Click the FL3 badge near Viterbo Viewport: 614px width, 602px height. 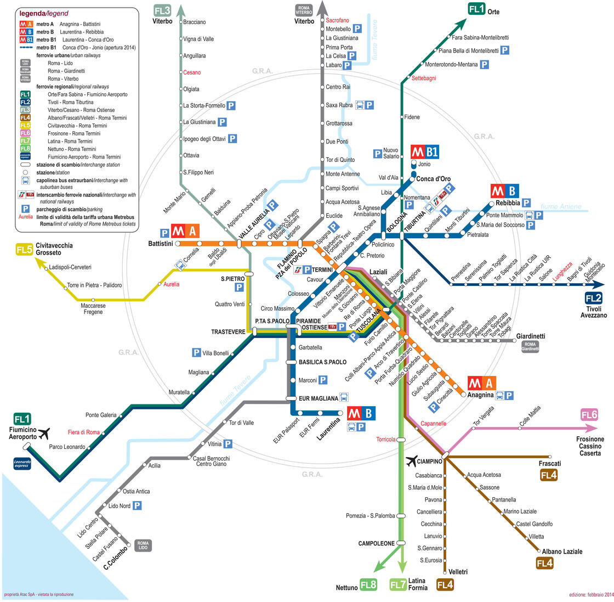[162, 10]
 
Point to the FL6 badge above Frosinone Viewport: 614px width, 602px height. [590, 415]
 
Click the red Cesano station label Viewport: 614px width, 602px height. [192, 72]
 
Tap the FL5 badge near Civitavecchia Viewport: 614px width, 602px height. [24, 250]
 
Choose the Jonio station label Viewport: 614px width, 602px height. [424, 164]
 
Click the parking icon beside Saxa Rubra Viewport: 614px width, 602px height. [369, 104]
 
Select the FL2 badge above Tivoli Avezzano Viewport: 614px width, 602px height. [594, 299]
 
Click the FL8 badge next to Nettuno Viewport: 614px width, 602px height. [368, 584]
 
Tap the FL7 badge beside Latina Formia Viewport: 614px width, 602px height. [397, 584]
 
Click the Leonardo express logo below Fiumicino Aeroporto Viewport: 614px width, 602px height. [22, 464]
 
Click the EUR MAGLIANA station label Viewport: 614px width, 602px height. [319, 398]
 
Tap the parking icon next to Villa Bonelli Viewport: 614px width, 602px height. [196, 353]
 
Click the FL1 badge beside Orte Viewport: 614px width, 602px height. [476, 9]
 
